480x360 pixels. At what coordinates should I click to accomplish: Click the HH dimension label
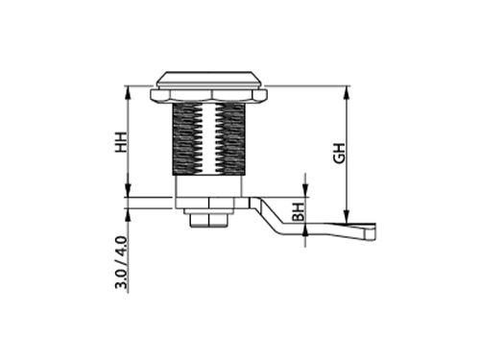(x=121, y=141)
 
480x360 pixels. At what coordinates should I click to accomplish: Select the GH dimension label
(x=340, y=154)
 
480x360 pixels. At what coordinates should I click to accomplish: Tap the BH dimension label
(x=299, y=212)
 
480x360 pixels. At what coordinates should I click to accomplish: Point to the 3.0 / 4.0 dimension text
(x=121, y=262)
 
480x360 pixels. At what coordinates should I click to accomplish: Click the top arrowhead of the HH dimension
(x=128, y=92)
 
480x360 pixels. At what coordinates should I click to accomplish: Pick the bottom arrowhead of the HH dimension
(x=128, y=191)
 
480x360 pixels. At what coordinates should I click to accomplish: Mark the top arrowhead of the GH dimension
(x=347, y=92)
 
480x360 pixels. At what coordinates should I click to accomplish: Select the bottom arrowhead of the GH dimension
(x=347, y=217)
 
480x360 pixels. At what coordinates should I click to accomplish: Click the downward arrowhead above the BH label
(x=305, y=191)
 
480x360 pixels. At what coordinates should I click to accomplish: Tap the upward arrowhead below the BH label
(x=305, y=230)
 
